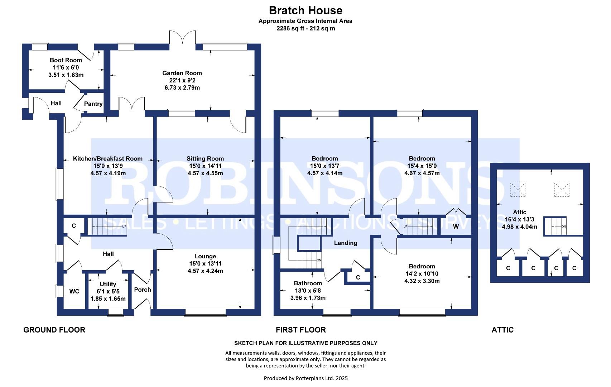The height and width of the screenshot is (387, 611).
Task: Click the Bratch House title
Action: (x=305, y=11)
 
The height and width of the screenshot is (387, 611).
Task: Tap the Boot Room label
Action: (x=66, y=60)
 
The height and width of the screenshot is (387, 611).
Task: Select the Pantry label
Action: (x=93, y=104)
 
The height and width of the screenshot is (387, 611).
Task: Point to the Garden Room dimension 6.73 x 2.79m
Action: (x=182, y=88)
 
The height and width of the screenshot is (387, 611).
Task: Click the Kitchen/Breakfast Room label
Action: (x=108, y=159)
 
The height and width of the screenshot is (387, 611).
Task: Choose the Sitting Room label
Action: (x=205, y=159)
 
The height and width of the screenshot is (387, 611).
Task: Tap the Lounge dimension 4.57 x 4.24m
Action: (x=205, y=271)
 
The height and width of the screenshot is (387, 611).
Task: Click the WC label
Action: (x=74, y=291)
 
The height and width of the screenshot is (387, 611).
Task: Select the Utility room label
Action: (x=108, y=284)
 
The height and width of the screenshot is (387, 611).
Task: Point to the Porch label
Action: (x=143, y=290)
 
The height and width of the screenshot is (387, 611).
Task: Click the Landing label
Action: (x=346, y=243)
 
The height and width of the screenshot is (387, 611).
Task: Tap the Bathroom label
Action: (x=308, y=283)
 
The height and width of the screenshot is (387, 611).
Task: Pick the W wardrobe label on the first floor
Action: (x=456, y=226)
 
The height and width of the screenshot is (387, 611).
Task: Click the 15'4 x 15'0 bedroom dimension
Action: (x=422, y=166)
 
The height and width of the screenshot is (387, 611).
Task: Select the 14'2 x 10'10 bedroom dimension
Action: (x=422, y=274)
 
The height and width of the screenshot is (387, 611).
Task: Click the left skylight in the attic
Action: (x=518, y=190)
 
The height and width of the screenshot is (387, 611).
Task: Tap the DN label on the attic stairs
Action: (x=564, y=226)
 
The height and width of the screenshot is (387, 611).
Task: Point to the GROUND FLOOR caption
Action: (x=54, y=330)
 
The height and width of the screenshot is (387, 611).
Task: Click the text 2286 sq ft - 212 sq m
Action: (x=306, y=28)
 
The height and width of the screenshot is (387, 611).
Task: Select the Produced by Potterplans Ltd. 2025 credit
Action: (x=306, y=378)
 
